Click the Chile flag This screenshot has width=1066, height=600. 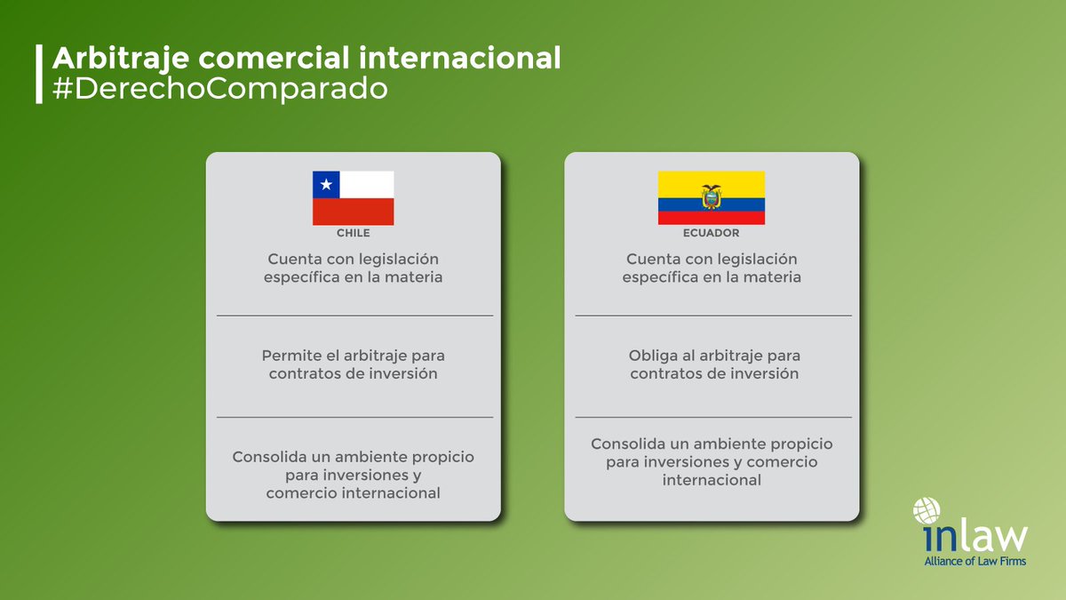[x=353, y=198]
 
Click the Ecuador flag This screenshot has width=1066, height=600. [x=711, y=197]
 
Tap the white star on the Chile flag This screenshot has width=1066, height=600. [x=326, y=185]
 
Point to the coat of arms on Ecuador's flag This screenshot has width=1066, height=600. [x=711, y=196]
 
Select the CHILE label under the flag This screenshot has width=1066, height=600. [x=353, y=233]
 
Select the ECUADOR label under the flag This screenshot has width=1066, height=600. [x=712, y=233]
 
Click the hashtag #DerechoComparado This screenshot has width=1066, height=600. [x=220, y=90]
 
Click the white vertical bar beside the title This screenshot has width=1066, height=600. [x=38, y=74]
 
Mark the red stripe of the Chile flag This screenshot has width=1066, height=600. [x=353, y=212]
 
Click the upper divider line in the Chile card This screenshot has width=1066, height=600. [x=354, y=316]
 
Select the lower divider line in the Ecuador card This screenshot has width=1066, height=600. [x=712, y=417]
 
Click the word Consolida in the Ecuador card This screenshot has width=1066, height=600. [x=627, y=443]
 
